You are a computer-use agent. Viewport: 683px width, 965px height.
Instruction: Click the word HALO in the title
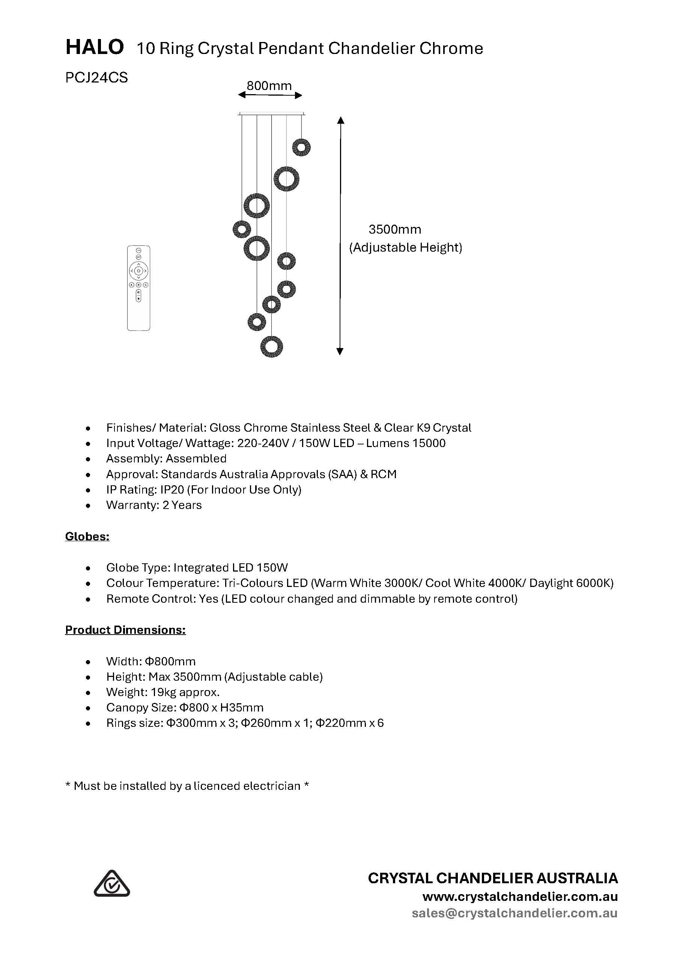95,47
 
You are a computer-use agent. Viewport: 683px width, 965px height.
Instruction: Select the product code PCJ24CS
96,78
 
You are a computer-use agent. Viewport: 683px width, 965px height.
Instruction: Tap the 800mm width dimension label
269,86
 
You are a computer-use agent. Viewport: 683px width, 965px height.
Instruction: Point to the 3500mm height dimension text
394,230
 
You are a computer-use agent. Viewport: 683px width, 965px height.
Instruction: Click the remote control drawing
138,288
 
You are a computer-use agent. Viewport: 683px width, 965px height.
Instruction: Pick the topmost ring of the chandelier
302,147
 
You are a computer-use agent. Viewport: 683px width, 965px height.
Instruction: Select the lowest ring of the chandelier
271,347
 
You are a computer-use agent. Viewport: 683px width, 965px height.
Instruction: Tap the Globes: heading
87,536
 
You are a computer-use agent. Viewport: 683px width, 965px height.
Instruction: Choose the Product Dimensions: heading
125,630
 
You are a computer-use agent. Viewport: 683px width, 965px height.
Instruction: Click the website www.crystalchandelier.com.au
520,896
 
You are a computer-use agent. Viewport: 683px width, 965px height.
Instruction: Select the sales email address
515,913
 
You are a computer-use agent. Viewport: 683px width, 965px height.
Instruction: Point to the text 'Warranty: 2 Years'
154,505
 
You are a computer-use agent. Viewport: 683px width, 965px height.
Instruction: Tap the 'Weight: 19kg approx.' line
163,692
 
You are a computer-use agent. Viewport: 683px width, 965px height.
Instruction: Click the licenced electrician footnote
187,786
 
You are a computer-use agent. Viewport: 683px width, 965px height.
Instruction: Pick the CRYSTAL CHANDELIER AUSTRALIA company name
493,878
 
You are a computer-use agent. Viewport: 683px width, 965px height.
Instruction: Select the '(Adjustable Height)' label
405,248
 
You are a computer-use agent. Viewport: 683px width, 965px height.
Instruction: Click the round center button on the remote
138,271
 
